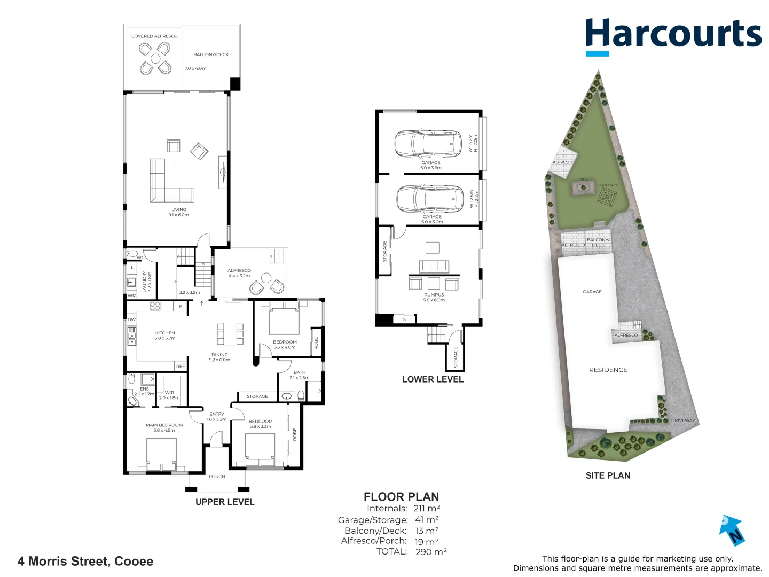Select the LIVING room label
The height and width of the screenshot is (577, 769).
[x=179, y=210]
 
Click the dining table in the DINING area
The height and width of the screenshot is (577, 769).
[x=230, y=334]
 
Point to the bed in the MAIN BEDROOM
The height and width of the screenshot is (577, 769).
[x=161, y=455]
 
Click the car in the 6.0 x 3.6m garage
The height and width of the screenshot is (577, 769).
[x=428, y=143]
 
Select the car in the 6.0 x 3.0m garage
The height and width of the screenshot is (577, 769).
[x=430, y=199]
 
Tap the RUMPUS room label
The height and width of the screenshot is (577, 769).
[x=434, y=295]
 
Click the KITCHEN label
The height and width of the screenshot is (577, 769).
[x=165, y=333]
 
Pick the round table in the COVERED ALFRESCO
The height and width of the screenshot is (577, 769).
[x=155, y=59]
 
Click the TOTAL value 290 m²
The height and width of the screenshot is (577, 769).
[x=431, y=552]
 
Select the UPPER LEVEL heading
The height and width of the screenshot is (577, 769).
[x=225, y=502]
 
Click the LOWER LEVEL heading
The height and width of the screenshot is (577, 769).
[x=433, y=379]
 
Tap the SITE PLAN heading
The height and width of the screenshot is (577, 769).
[x=608, y=475]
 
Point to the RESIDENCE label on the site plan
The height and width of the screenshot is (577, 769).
[x=608, y=370]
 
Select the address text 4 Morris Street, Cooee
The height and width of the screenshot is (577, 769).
[x=85, y=562]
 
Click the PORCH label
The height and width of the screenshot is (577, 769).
[x=217, y=477]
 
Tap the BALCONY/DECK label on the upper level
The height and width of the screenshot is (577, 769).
[x=211, y=54]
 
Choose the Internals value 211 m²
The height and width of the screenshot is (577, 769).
[x=427, y=509]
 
